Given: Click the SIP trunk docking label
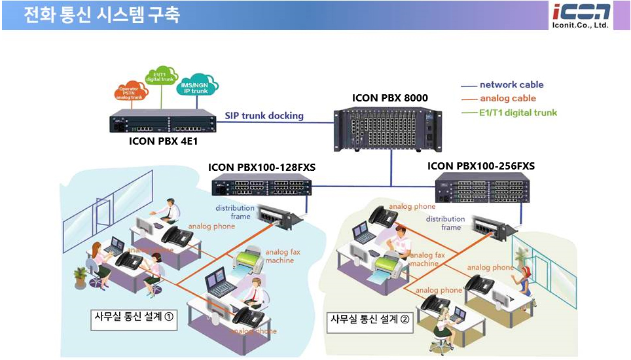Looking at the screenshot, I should [x=264, y=116].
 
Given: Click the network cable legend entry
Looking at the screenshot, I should [x=511, y=85].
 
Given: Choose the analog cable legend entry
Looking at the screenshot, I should [x=507, y=99].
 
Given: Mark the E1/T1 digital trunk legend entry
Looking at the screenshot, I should [x=517, y=113].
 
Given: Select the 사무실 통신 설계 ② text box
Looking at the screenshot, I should [x=370, y=321].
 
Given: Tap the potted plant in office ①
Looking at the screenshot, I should [x=81, y=277].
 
